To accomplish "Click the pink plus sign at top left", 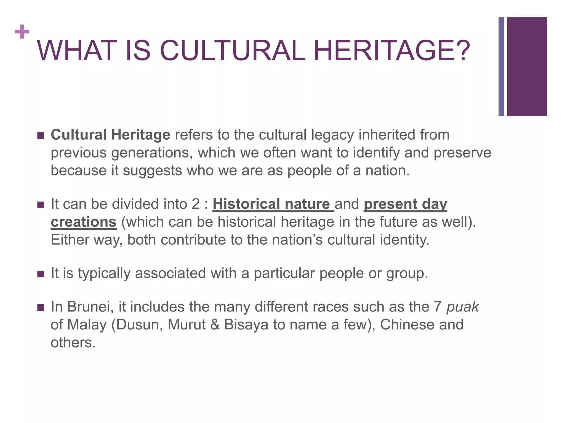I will click(x=22, y=32).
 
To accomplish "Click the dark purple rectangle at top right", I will click(x=527, y=67).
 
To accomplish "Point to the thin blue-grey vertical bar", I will click(x=501, y=67).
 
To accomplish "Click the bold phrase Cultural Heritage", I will click(x=110, y=135).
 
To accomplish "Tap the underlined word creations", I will click(x=84, y=222).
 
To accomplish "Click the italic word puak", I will click(x=463, y=307).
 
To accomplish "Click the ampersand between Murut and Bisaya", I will click(x=215, y=325).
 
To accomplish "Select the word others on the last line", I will click(x=73, y=343).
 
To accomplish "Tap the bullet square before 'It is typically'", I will click(x=41, y=274).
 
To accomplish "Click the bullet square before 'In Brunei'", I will click(x=41, y=307).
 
